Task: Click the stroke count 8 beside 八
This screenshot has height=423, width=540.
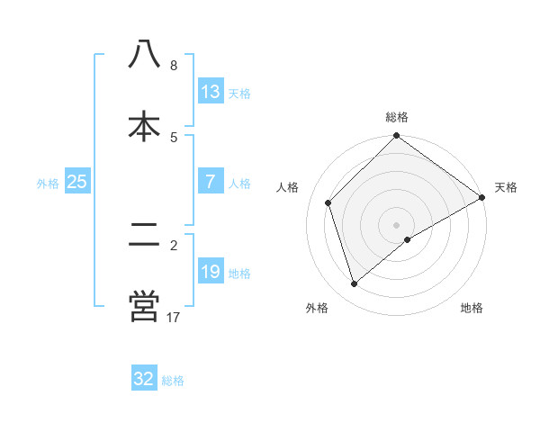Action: pyautogui.click(x=174, y=66)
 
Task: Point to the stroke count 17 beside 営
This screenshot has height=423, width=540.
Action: pyautogui.click(x=174, y=317)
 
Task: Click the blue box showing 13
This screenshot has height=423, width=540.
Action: pyautogui.click(x=211, y=92)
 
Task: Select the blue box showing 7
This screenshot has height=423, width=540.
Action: pyautogui.click(x=211, y=182)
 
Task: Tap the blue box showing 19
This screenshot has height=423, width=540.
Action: pyautogui.click(x=211, y=272)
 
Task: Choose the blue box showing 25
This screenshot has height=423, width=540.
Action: pyautogui.click(x=77, y=182)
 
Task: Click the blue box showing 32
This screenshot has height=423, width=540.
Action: pyautogui.click(x=144, y=379)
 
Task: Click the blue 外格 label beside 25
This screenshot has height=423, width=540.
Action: pyautogui.click(x=48, y=183)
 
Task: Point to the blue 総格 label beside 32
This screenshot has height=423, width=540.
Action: pyautogui.click(x=173, y=380)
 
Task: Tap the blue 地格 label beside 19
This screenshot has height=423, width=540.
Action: pyautogui.click(x=239, y=273)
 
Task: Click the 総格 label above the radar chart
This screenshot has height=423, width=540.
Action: pyautogui.click(x=397, y=117)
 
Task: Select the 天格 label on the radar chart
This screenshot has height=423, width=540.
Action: pyautogui.click(x=506, y=187)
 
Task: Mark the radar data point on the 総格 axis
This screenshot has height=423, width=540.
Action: pyautogui.click(x=397, y=137)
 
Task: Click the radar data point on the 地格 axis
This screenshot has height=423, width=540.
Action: pyautogui.click(x=408, y=239)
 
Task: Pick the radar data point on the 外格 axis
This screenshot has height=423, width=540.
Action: pyautogui.click(x=355, y=283)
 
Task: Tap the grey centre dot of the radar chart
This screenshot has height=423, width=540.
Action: pyautogui.click(x=397, y=224)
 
